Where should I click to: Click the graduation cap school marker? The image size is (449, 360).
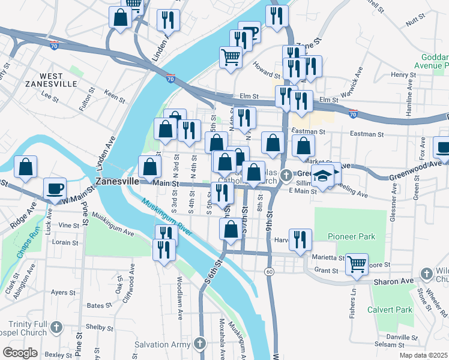click(x=323, y=176)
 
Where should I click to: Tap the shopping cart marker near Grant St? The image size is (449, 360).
click(x=357, y=263)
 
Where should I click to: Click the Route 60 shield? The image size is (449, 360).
click(x=270, y=272)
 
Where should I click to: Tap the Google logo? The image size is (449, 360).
click(x=20, y=352)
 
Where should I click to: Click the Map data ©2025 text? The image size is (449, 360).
click(x=423, y=355)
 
